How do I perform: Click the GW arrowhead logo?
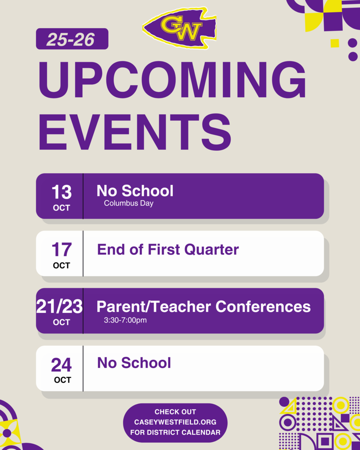180,28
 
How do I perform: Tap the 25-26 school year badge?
72,39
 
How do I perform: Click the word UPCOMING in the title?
172,80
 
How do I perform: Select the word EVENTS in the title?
135,132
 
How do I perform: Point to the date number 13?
62,192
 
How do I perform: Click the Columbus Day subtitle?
129,203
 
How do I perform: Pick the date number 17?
62,250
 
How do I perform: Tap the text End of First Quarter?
168,250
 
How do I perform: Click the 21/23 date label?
59,306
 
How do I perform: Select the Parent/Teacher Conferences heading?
204,306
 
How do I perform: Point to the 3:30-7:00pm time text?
125,320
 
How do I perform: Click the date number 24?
62,365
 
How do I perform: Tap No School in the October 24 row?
134,363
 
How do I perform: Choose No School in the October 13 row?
135,191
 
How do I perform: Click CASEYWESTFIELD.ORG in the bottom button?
175,422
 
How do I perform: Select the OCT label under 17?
62,265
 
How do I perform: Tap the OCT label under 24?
62,380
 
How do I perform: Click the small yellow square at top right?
335,43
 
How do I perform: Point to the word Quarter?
211,250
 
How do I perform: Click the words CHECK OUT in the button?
175,412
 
